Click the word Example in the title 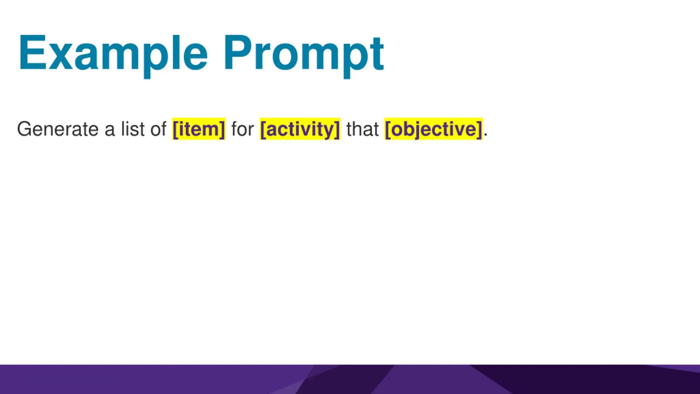point(113,56)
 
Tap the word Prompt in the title point(304,56)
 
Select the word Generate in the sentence point(58,129)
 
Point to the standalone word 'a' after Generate point(110,131)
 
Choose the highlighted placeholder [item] point(199,129)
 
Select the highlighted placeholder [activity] point(300,129)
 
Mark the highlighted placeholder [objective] point(433,129)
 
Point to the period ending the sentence point(485,135)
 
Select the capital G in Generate point(25,129)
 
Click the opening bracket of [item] point(176,129)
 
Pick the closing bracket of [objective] point(479,129)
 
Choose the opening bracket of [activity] point(263,129)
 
